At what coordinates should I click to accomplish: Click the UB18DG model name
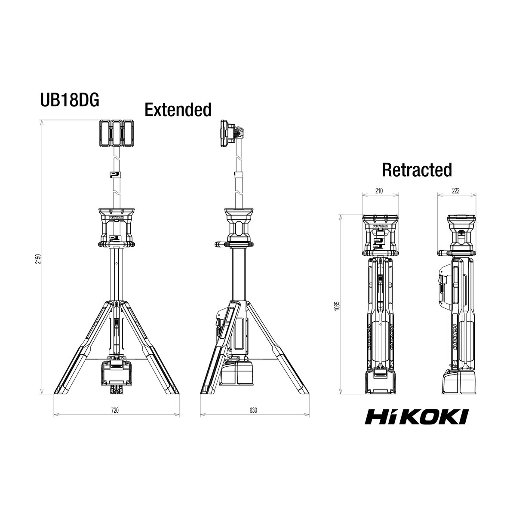click(x=70, y=100)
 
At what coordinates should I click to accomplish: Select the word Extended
click(x=178, y=109)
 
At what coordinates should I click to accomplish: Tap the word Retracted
click(x=417, y=170)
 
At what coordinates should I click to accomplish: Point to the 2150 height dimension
click(x=39, y=259)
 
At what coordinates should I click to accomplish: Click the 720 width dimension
click(x=115, y=410)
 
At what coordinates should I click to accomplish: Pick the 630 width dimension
click(x=253, y=410)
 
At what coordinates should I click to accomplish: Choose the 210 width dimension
click(x=379, y=190)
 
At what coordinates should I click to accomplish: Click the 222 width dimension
click(x=455, y=190)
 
